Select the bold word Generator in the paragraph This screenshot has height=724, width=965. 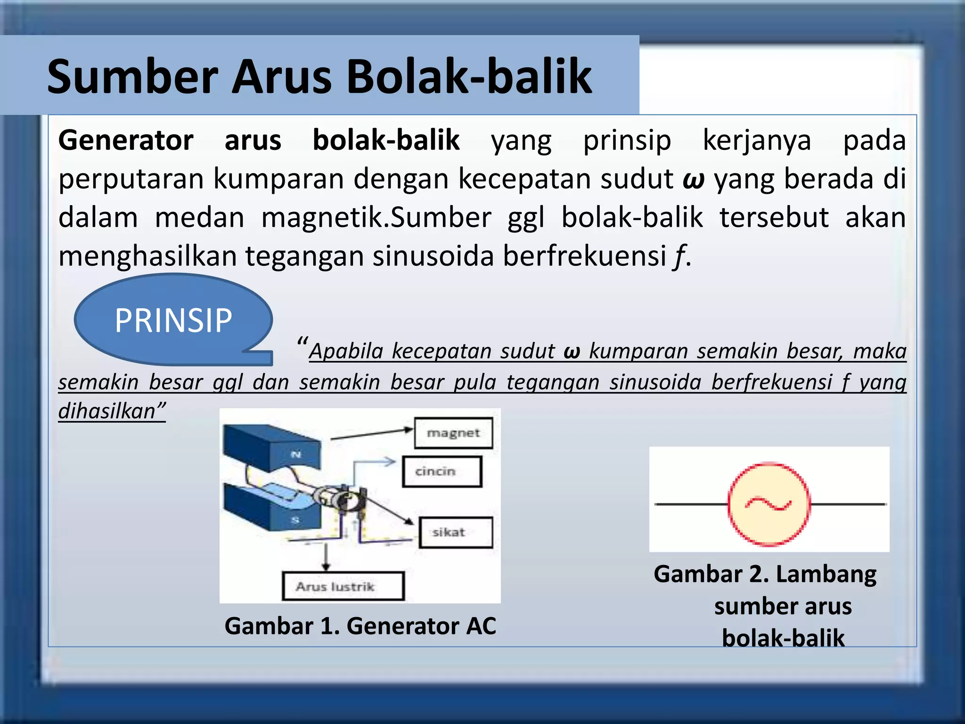click(126, 140)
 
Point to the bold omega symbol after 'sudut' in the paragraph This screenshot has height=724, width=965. click(693, 180)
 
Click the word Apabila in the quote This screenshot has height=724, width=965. click(346, 351)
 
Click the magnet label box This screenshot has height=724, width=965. click(453, 433)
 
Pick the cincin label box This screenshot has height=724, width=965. click(442, 471)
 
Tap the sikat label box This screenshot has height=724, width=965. click(455, 533)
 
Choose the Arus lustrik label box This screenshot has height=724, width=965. click(343, 586)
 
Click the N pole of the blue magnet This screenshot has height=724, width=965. click(296, 454)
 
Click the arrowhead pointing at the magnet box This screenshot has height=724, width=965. click(408, 429)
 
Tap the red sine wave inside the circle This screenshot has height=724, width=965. click(768, 504)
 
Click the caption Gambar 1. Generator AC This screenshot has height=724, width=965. click(360, 626)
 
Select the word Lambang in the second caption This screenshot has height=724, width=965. click(826, 574)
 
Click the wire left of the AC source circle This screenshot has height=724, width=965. click(691, 504)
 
